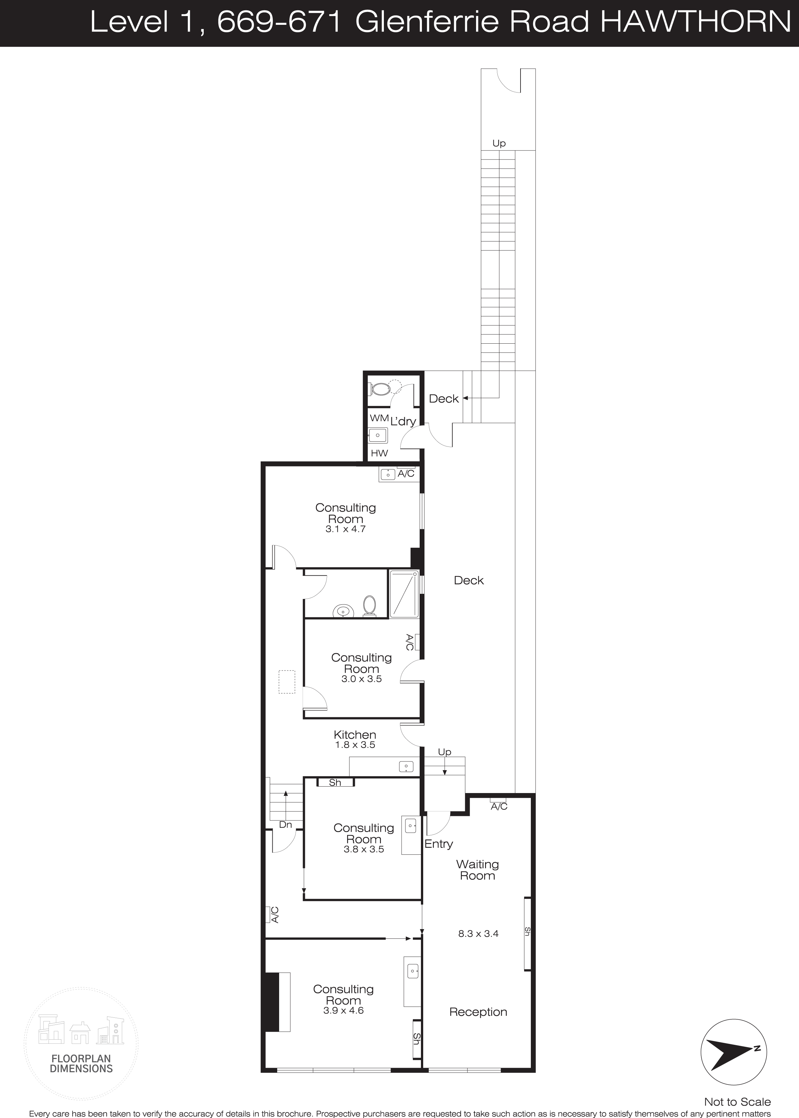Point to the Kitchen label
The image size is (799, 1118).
click(x=355, y=735)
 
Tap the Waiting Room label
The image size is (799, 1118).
click(x=477, y=870)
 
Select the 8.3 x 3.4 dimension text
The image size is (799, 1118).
click(x=478, y=934)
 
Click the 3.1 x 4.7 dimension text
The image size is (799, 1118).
click(x=346, y=529)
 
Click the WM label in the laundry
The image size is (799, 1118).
click(x=379, y=418)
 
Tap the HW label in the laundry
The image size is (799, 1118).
click(x=379, y=453)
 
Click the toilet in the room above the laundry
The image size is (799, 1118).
click(x=381, y=389)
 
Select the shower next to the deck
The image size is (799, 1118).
click(x=404, y=593)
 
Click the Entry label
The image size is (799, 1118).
click(x=438, y=844)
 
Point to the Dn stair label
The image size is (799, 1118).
click(x=285, y=825)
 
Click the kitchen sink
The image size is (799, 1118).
click(x=407, y=767)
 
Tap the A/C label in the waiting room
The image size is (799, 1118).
click(x=499, y=807)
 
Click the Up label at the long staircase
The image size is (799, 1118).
click(x=499, y=143)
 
